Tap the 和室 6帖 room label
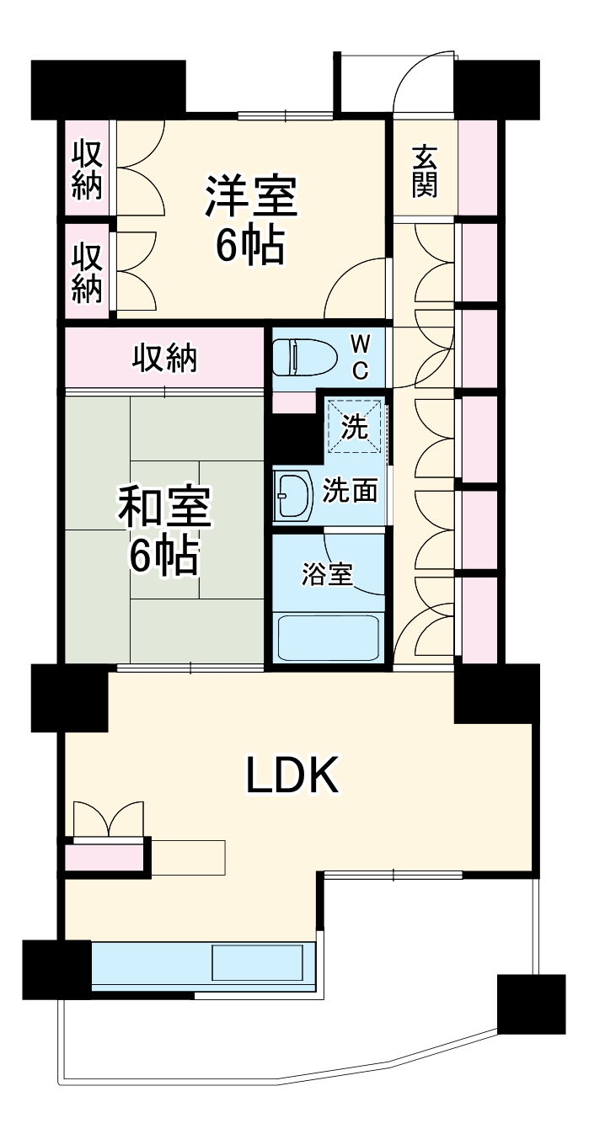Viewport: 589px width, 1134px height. click(x=164, y=530)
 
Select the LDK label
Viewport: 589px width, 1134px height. click(x=292, y=775)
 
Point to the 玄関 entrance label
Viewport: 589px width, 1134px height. click(x=426, y=172)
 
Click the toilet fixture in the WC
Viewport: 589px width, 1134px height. click(x=294, y=358)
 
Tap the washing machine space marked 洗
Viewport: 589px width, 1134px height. click(x=355, y=428)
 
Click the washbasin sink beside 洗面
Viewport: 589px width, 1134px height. click(x=292, y=497)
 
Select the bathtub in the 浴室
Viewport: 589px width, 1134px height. click(x=328, y=638)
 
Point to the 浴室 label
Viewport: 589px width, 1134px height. click(x=328, y=574)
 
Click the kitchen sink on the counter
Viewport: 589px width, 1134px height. click(x=257, y=962)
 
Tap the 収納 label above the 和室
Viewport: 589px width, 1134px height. click(x=164, y=358)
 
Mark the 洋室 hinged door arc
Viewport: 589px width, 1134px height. click(x=359, y=290)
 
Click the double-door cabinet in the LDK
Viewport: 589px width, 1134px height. click(x=108, y=820)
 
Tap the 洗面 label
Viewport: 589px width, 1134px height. click(x=350, y=491)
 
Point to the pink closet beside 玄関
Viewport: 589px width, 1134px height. click(x=478, y=168)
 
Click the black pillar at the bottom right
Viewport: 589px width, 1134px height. click(x=530, y=1004)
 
